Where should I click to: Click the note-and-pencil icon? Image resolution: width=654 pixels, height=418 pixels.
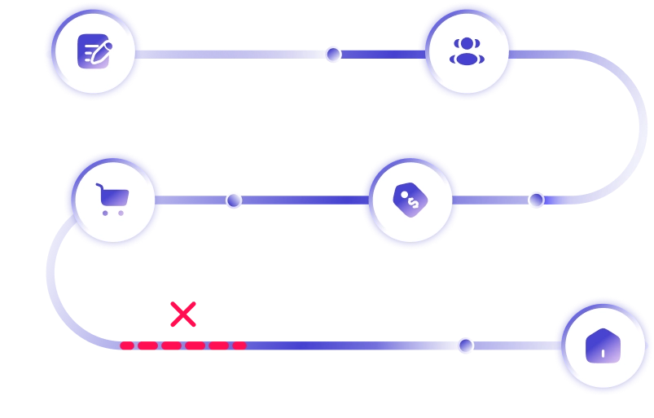coord(94,52)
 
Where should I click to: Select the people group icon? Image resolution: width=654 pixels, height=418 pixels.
coord(467,51)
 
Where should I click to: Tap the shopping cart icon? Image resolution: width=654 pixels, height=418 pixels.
coord(112,199)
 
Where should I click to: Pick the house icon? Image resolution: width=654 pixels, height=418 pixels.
coord(603,345)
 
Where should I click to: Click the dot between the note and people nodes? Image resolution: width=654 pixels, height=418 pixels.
coord(333,54)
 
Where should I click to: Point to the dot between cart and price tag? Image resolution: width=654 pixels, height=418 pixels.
coord(234,200)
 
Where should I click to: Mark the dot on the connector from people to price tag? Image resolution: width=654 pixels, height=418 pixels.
coord(536,199)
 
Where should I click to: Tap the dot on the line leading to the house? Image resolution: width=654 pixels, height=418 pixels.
coord(466,345)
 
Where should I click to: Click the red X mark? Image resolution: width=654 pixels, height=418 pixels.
coord(184,315)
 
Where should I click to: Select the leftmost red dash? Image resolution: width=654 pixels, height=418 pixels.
coord(127,345)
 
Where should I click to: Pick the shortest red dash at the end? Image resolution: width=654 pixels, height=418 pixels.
coord(239,345)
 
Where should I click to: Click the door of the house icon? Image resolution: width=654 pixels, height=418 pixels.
coord(603,354)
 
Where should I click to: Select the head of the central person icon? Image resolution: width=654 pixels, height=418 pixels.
coord(467,42)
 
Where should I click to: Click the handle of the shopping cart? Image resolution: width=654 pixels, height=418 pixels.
coord(99,187)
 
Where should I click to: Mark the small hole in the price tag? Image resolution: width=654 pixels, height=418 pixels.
coord(401,193)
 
